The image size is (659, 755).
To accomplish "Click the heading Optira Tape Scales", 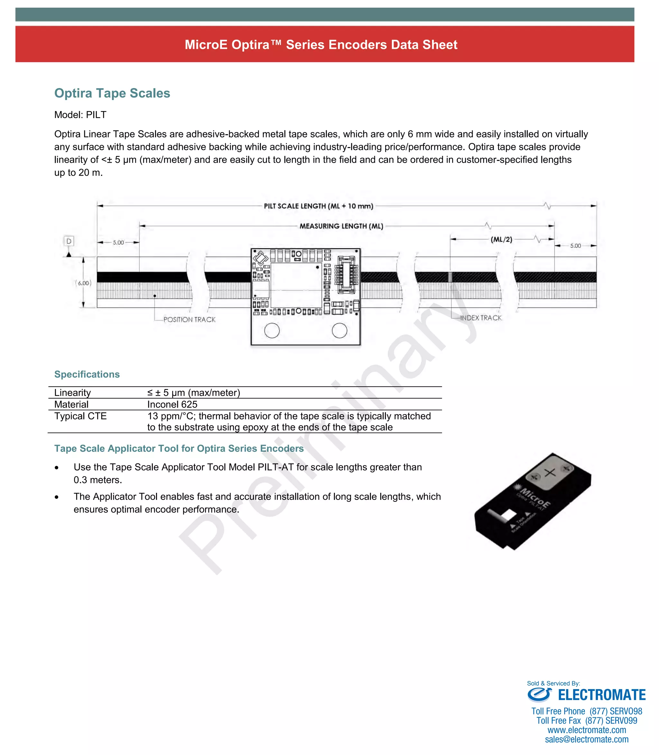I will point(112,93).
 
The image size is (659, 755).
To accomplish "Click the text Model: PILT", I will point(80,115).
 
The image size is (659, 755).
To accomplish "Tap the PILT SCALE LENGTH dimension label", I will point(319,206).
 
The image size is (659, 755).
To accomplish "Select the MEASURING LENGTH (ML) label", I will point(341,226).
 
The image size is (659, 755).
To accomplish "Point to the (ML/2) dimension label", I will point(501,239).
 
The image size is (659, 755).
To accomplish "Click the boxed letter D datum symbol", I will point(69,241).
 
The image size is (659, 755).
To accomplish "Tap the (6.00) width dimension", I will point(83,283).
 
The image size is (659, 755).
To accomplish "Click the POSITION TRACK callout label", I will point(190,319).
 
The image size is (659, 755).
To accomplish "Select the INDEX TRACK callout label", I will point(481,318).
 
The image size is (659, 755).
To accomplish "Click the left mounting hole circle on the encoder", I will point(272,330).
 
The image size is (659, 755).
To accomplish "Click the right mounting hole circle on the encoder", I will point(339,330).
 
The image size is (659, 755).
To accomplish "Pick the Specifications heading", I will point(87,374).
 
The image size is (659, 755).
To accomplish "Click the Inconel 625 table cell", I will point(172,404).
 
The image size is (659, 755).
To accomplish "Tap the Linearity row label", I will point(72,392).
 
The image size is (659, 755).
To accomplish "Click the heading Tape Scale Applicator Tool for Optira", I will point(179,448).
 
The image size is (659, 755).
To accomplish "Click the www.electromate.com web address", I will point(587,730).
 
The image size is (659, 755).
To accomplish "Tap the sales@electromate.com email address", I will point(587,739).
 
